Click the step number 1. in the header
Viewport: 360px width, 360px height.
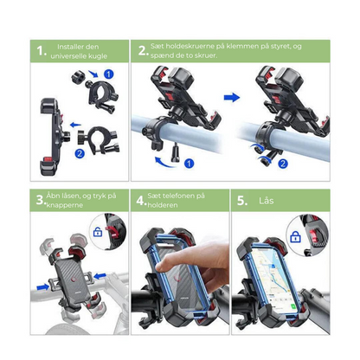click(42, 51)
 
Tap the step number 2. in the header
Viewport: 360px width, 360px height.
click(144, 51)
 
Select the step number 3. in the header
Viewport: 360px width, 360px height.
click(41, 200)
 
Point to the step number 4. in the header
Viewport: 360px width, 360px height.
click(141, 201)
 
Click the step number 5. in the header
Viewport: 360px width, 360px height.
click(242, 201)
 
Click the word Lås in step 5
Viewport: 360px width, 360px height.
click(266, 200)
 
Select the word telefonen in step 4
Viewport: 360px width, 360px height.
click(177, 196)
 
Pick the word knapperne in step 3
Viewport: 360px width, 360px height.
click(65, 205)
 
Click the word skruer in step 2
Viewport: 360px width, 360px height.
click(207, 55)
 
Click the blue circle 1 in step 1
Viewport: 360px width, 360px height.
click(108, 74)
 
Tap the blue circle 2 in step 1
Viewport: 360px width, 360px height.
click(80, 153)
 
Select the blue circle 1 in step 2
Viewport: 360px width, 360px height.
click(189, 164)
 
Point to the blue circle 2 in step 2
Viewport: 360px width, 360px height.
click(283, 164)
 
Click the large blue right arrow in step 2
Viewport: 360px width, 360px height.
click(232, 98)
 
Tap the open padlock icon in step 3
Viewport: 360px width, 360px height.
click(98, 232)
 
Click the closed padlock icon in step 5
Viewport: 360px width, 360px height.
click(295, 236)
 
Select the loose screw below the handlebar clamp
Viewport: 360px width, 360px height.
click(175, 154)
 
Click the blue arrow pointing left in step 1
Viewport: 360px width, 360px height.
click(76, 125)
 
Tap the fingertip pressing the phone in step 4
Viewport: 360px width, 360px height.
click(162, 267)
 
